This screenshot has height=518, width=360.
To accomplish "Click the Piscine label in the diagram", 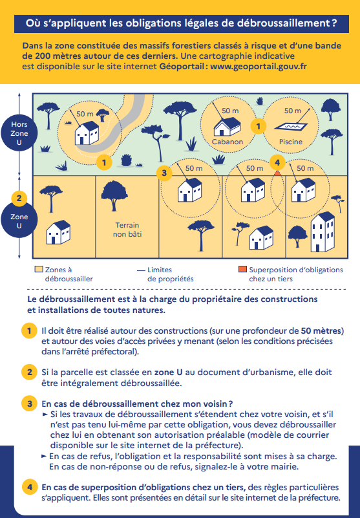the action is (291, 142).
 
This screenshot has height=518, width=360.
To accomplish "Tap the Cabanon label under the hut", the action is (228, 142).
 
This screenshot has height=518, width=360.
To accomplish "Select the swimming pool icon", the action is (291, 127).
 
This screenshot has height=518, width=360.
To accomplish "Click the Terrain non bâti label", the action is (127, 230).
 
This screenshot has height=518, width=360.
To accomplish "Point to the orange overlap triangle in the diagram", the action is (277, 173).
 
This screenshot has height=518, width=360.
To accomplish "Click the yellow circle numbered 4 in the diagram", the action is (277, 162).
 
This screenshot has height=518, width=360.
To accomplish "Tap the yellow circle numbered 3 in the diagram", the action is (164, 173).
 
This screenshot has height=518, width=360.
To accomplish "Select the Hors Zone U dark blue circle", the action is (19, 133).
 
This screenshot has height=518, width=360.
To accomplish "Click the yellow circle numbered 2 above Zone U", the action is (19, 199).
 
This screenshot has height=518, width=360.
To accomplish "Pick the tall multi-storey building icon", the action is (323, 232).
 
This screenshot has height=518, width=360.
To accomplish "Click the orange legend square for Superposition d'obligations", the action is (242, 269).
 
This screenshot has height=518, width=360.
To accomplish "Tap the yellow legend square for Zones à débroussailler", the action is (39, 269).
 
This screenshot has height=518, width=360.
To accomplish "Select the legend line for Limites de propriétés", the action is (141, 270).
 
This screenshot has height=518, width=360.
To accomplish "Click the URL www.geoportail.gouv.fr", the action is (259, 67).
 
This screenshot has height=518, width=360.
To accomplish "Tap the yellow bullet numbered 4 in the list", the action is (30, 487).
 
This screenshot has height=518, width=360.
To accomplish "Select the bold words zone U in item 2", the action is (168, 372).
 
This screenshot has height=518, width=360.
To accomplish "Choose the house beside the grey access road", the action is (87, 133).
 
